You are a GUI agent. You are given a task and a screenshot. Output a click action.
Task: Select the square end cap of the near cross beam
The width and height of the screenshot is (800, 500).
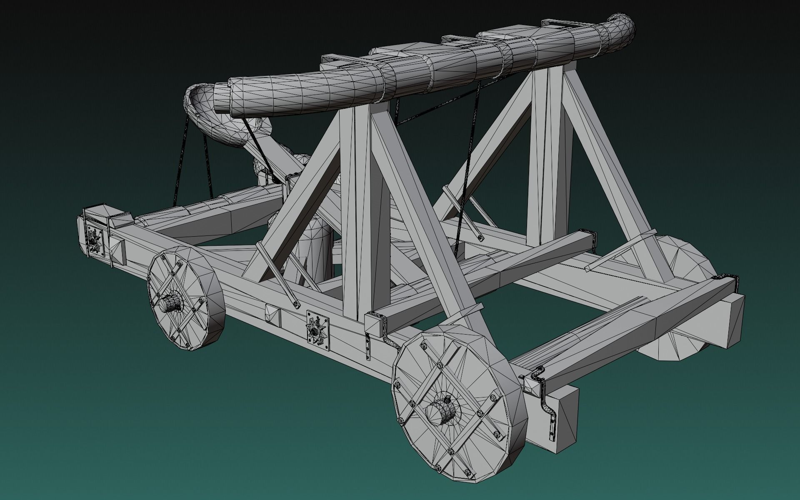point(375,325)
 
